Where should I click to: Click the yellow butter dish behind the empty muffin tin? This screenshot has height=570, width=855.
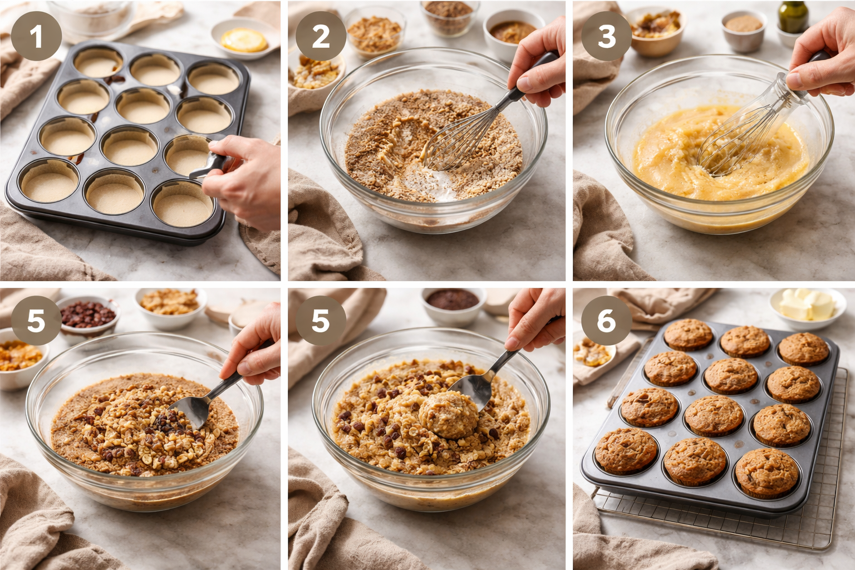pos(244,38)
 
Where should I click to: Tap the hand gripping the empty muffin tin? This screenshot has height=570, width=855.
pos(245,181)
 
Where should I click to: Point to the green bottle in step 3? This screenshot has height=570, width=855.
pos(793,17)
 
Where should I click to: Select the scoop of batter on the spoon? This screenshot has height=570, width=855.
pos(448,415)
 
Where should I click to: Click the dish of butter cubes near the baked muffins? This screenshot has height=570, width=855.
pos(808,306)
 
